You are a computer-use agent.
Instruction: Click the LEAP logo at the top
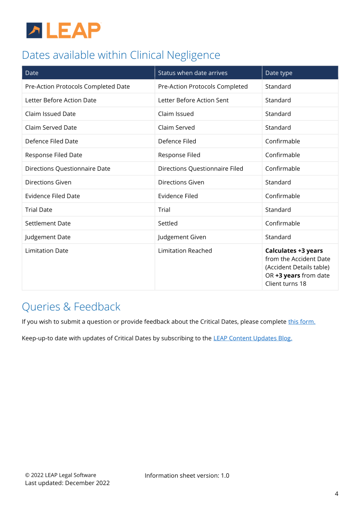coord(64,30)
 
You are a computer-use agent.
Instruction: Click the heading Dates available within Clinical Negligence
coord(121,55)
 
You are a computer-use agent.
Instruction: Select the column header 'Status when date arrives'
coord(193,73)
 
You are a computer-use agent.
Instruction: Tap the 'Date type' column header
coord(279,73)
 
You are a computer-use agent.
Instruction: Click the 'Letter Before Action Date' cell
coord(61,100)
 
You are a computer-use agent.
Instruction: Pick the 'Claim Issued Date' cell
coord(50,114)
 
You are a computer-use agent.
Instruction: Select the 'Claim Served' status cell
coord(176,128)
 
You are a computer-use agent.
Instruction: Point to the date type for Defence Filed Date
coord(282,141)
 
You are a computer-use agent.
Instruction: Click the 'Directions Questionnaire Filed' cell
coord(200,169)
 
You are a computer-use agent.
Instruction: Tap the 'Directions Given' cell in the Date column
coord(48,182)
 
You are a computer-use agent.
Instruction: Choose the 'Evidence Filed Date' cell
coord(52,196)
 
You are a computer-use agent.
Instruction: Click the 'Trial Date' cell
coord(38,210)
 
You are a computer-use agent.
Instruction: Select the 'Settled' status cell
coord(168,223)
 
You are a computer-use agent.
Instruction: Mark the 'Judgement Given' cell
coord(182,237)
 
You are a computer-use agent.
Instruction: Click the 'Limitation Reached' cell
coord(185,251)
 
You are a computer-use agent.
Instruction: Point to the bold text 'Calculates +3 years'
coord(294,251)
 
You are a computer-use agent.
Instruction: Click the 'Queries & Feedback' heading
coord(71,307)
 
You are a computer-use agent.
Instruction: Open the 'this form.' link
coord(302,322)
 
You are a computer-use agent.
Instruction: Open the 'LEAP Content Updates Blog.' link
coord(252,338)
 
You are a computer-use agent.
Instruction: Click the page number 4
coord(336,494)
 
